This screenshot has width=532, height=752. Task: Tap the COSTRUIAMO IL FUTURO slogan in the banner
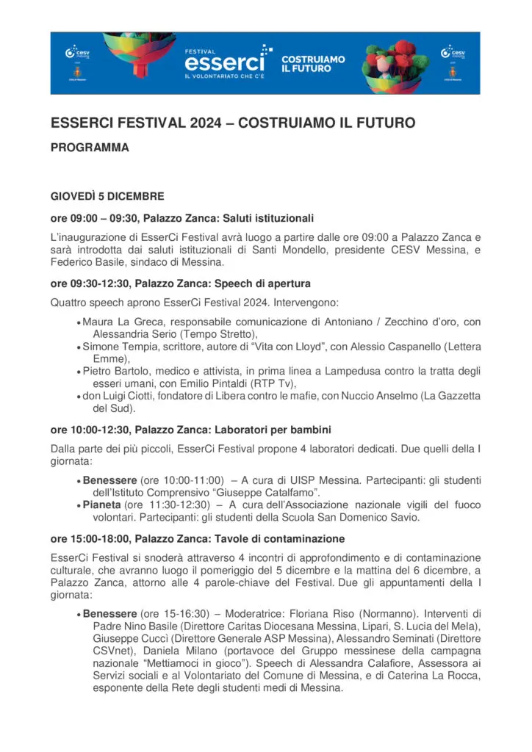(314, 63)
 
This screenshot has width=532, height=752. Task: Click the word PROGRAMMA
(90, 148)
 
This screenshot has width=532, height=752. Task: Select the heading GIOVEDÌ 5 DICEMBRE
(107, 197)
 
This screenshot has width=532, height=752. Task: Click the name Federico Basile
(83, 263)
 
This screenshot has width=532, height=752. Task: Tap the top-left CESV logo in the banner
(71, 52)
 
